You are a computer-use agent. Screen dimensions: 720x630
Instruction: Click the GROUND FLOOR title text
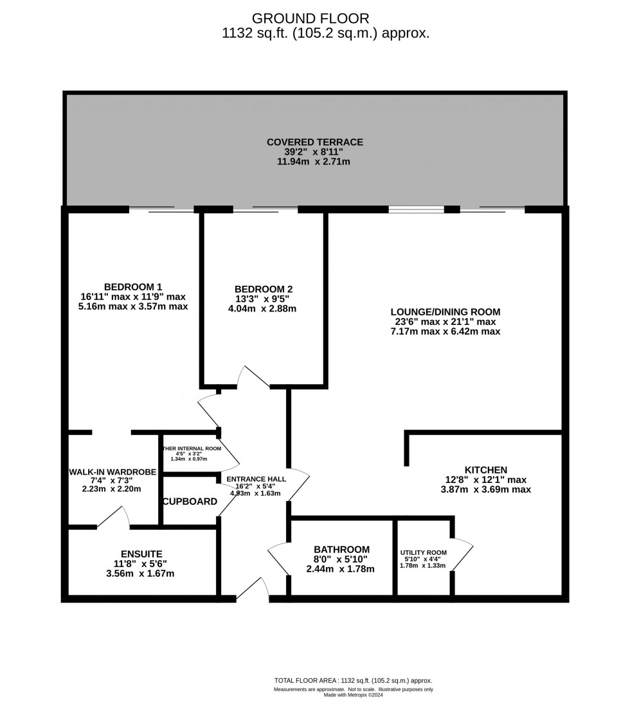tap(310, 18)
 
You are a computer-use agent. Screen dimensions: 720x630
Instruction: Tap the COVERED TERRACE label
tap(315, 142)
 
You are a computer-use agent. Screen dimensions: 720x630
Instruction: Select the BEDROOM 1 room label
tap(133, 286)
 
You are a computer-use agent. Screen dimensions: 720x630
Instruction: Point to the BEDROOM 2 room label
tap(264, 289)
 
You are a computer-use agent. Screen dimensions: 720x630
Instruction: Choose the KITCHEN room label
tap(486, 470)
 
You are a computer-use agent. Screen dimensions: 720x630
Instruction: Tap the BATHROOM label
tap(341, 549)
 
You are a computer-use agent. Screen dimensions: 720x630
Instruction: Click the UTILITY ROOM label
tap(423, 552)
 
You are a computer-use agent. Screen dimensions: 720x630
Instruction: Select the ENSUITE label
tap(141, 554)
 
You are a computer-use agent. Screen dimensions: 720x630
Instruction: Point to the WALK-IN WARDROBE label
tap(113, 472)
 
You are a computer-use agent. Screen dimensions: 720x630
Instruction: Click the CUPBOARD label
tap(190, 501)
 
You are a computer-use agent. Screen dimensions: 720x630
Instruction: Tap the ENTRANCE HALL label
tap(256, 479)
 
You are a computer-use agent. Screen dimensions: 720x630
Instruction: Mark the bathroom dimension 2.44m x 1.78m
tap(341, 568)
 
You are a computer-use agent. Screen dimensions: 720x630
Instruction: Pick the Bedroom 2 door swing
tap(253, 378)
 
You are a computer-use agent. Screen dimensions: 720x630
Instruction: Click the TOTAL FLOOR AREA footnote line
tap(353, 680)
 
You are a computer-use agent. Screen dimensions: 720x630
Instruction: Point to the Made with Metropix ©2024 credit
tap(353, 695)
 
